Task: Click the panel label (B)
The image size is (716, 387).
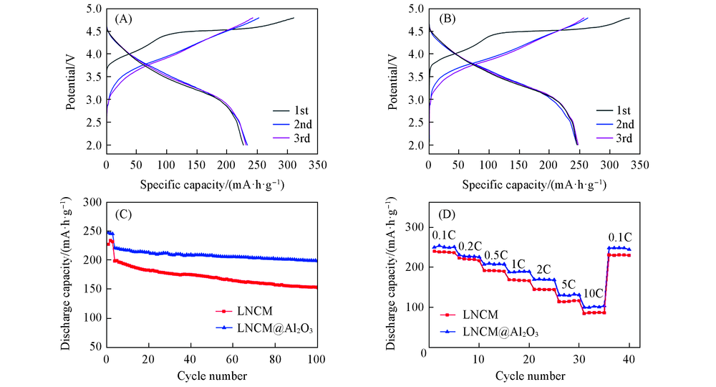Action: (x=443, y=20)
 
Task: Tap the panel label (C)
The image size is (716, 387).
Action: (x=122, y=214)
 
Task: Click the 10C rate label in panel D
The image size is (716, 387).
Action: (x=592, y=294)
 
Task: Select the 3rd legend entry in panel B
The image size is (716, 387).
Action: (x=624, y=138)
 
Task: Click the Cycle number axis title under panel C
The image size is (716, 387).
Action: (x=212, y=375)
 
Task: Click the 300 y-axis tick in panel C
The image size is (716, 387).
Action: (x=91, y=203)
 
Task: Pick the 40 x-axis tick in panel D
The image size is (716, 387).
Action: (x=629, y=358)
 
